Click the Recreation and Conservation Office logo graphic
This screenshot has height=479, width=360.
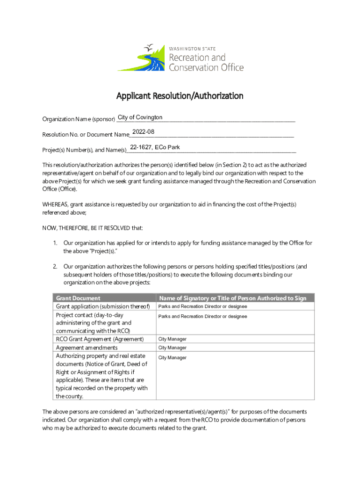[x=141, y=58]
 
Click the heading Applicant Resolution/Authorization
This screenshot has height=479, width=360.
[x=180, y=96]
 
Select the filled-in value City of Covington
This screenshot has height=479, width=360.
[x=140, y=117]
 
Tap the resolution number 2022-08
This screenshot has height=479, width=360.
[x=143, y=132]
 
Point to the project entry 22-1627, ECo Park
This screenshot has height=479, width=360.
[x=155, y=147]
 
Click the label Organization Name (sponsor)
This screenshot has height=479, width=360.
[x=79, y=119]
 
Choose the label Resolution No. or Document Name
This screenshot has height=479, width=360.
[x=86, y=135]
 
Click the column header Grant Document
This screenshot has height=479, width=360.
[x=78, y=298]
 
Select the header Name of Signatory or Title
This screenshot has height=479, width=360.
[x=232, y=298]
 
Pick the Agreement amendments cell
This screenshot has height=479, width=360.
[x=86, y=348]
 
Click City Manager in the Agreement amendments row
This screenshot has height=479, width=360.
[x=173, y=348]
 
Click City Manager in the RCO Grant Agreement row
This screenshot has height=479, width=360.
[x=173, y=339]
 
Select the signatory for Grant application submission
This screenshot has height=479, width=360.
[x=202, y=306]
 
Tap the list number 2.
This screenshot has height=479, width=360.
[x=55, y=267]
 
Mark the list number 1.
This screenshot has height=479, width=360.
[x=55, y=243]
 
